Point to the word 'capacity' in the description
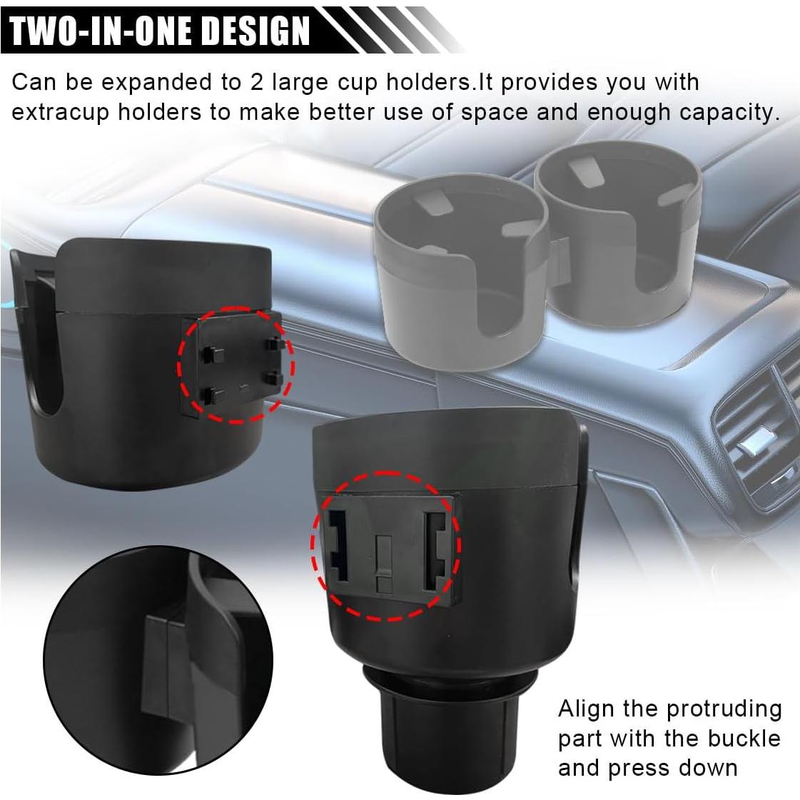(736, 112)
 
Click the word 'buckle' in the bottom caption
(745, 738)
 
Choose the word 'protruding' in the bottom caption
(724, 710)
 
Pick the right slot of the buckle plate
(434, 550)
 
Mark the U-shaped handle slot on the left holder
(43, 343)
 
